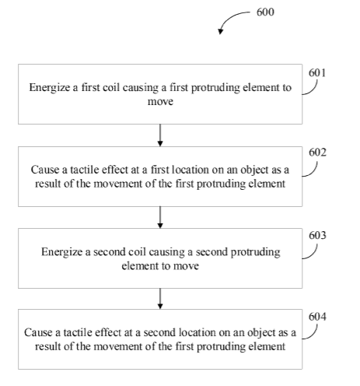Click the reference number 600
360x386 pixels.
coord(265,12)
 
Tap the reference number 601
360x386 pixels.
coord(317,73)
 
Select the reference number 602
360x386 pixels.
coord(317,153)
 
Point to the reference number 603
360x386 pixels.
coord(317,235)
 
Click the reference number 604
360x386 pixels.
coord(317,317)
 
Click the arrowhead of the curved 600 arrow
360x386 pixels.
coord(220,31)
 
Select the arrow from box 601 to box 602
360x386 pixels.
coord(160,135)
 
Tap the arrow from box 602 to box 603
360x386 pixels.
coord(160,217)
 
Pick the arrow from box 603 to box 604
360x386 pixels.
coord(160,299)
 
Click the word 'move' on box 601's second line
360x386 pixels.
coord(160,101)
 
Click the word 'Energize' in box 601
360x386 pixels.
coord(50,88)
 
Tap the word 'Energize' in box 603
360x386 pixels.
coord(61,252)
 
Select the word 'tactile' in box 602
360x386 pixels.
coord(85,170)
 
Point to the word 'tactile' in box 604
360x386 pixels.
coord(78,332)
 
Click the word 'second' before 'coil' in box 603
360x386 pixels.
coord(109,252)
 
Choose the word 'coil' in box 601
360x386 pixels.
coord(111,87)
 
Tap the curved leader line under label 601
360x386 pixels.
coord(312,89)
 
